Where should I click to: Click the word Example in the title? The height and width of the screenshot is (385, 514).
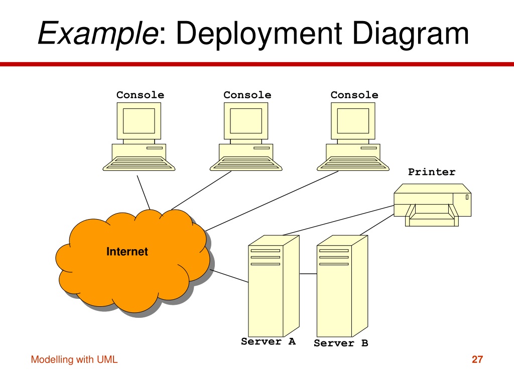coord(98,33)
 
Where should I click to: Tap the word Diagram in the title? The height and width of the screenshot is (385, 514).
coord(411,34)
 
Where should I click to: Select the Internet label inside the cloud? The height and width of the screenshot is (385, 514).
coord(127,252)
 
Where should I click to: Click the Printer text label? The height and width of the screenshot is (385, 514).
coord(432,172)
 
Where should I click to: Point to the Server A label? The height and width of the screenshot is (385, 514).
coord(269,341)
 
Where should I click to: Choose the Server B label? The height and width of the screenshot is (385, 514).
coord(341,343)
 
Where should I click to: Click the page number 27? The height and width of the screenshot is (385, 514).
coord(477,359)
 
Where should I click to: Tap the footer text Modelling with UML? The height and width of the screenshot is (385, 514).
coord(74,359)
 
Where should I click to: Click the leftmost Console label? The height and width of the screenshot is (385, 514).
coord(141,95)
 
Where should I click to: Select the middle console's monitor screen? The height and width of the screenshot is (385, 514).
coord(246,121)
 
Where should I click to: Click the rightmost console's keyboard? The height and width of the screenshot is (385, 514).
coord(353,164)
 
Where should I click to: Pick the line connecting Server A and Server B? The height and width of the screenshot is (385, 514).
coord(308,274)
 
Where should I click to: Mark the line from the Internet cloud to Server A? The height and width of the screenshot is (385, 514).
coord(229,276)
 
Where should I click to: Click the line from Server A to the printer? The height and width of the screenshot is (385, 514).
coord(338,221)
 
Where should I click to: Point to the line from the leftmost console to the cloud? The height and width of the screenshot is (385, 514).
coord(144,192)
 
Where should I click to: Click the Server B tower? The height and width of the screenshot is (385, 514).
coord(342,286)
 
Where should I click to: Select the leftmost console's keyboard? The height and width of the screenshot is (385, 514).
coord(139,164)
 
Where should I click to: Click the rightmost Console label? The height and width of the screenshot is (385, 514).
coord(354,95)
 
